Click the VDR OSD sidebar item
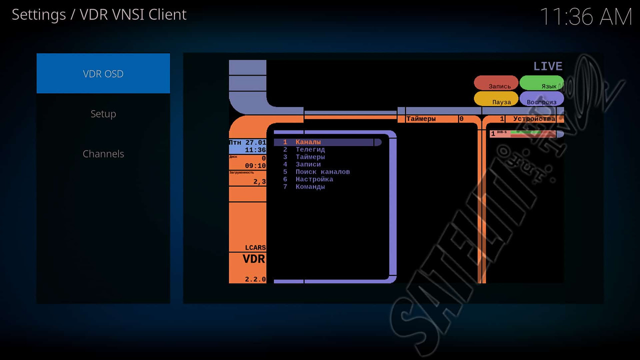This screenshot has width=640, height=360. pos(103,74)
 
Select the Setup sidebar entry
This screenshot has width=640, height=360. pos(103,114)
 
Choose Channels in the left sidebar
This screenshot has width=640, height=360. pos(103,154)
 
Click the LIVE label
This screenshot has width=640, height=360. pos(547,66)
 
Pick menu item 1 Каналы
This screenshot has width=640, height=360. pos(308,142)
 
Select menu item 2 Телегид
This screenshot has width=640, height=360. pos(310,149)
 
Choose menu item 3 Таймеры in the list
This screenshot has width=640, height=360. pos(310,157)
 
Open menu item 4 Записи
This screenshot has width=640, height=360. pos(308,164)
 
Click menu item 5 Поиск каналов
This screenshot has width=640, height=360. pos(322,172)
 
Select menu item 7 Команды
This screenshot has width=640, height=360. pos(310,187)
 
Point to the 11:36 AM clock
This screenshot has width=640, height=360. pos(586,17)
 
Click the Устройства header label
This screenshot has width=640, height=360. pos(534,119)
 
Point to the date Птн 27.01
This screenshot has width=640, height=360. pos(247,142)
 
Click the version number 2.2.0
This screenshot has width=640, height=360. pos(255,279)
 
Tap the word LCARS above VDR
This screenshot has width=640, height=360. pos(255,248)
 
